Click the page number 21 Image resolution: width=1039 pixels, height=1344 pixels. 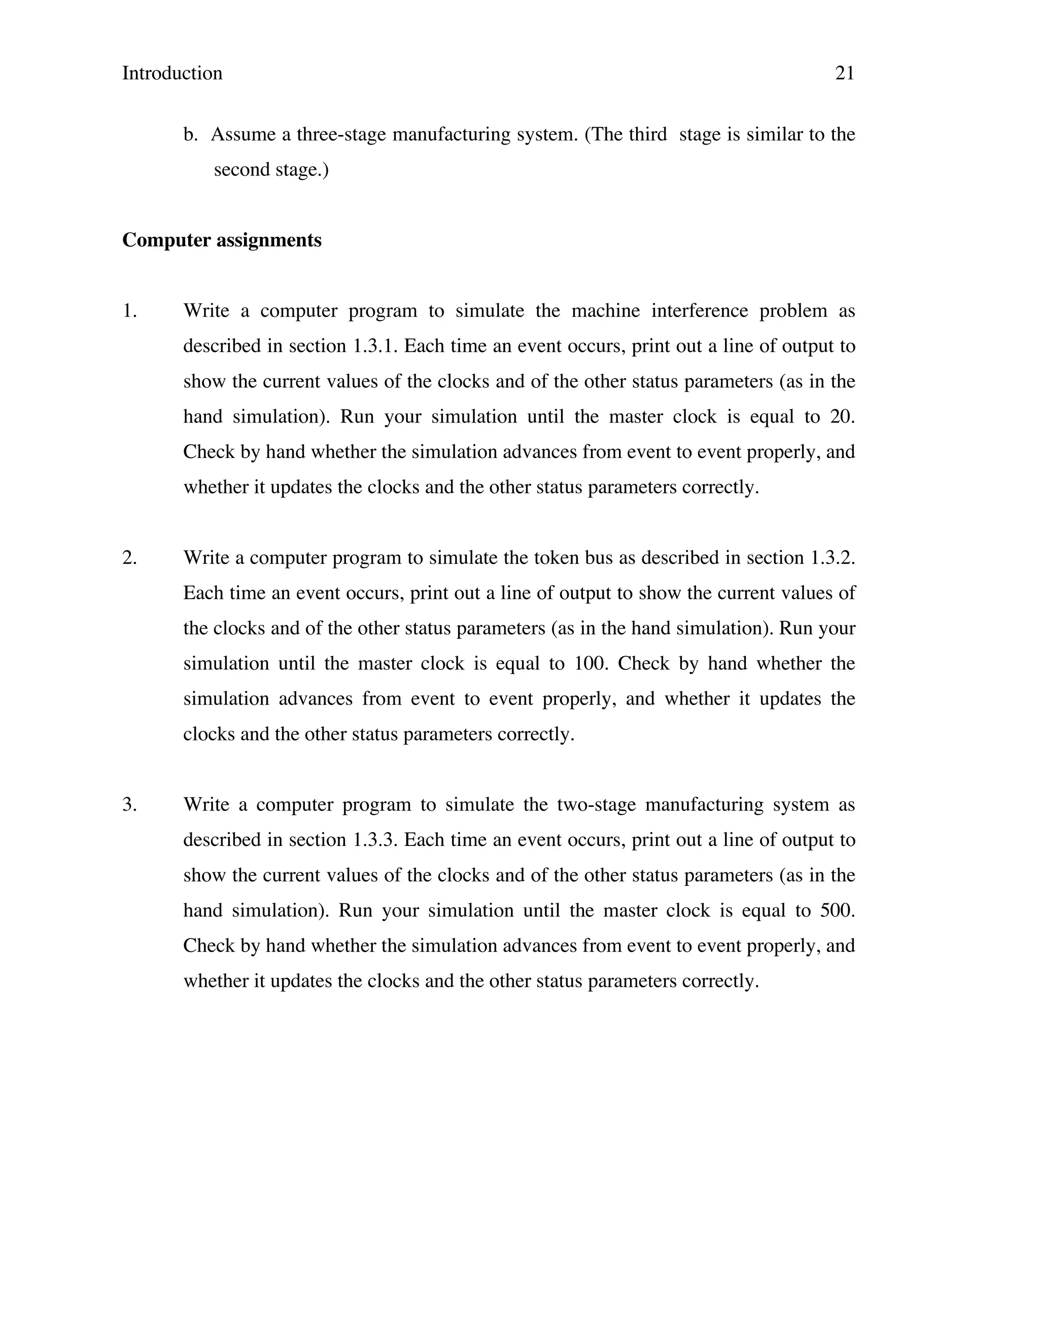pos(845,73)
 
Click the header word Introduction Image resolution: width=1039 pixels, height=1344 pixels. pos(172,73)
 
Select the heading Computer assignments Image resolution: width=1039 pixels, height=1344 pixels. pos(222,240)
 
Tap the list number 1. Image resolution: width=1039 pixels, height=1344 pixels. pos(129,311)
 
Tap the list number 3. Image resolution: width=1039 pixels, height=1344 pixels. pos(129,805)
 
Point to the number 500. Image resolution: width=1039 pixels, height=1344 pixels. pos(838,911)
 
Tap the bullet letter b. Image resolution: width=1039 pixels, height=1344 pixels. pos(190,135)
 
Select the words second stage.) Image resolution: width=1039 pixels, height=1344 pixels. pos(271,170)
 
